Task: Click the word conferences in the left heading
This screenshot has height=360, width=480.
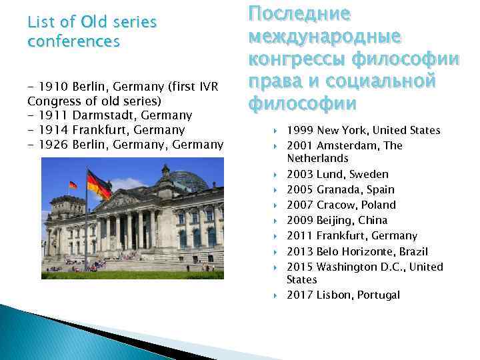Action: [73, 41]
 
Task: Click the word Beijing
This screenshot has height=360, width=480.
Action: [335, 220]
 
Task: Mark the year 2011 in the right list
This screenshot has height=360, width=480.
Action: [299, 235]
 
